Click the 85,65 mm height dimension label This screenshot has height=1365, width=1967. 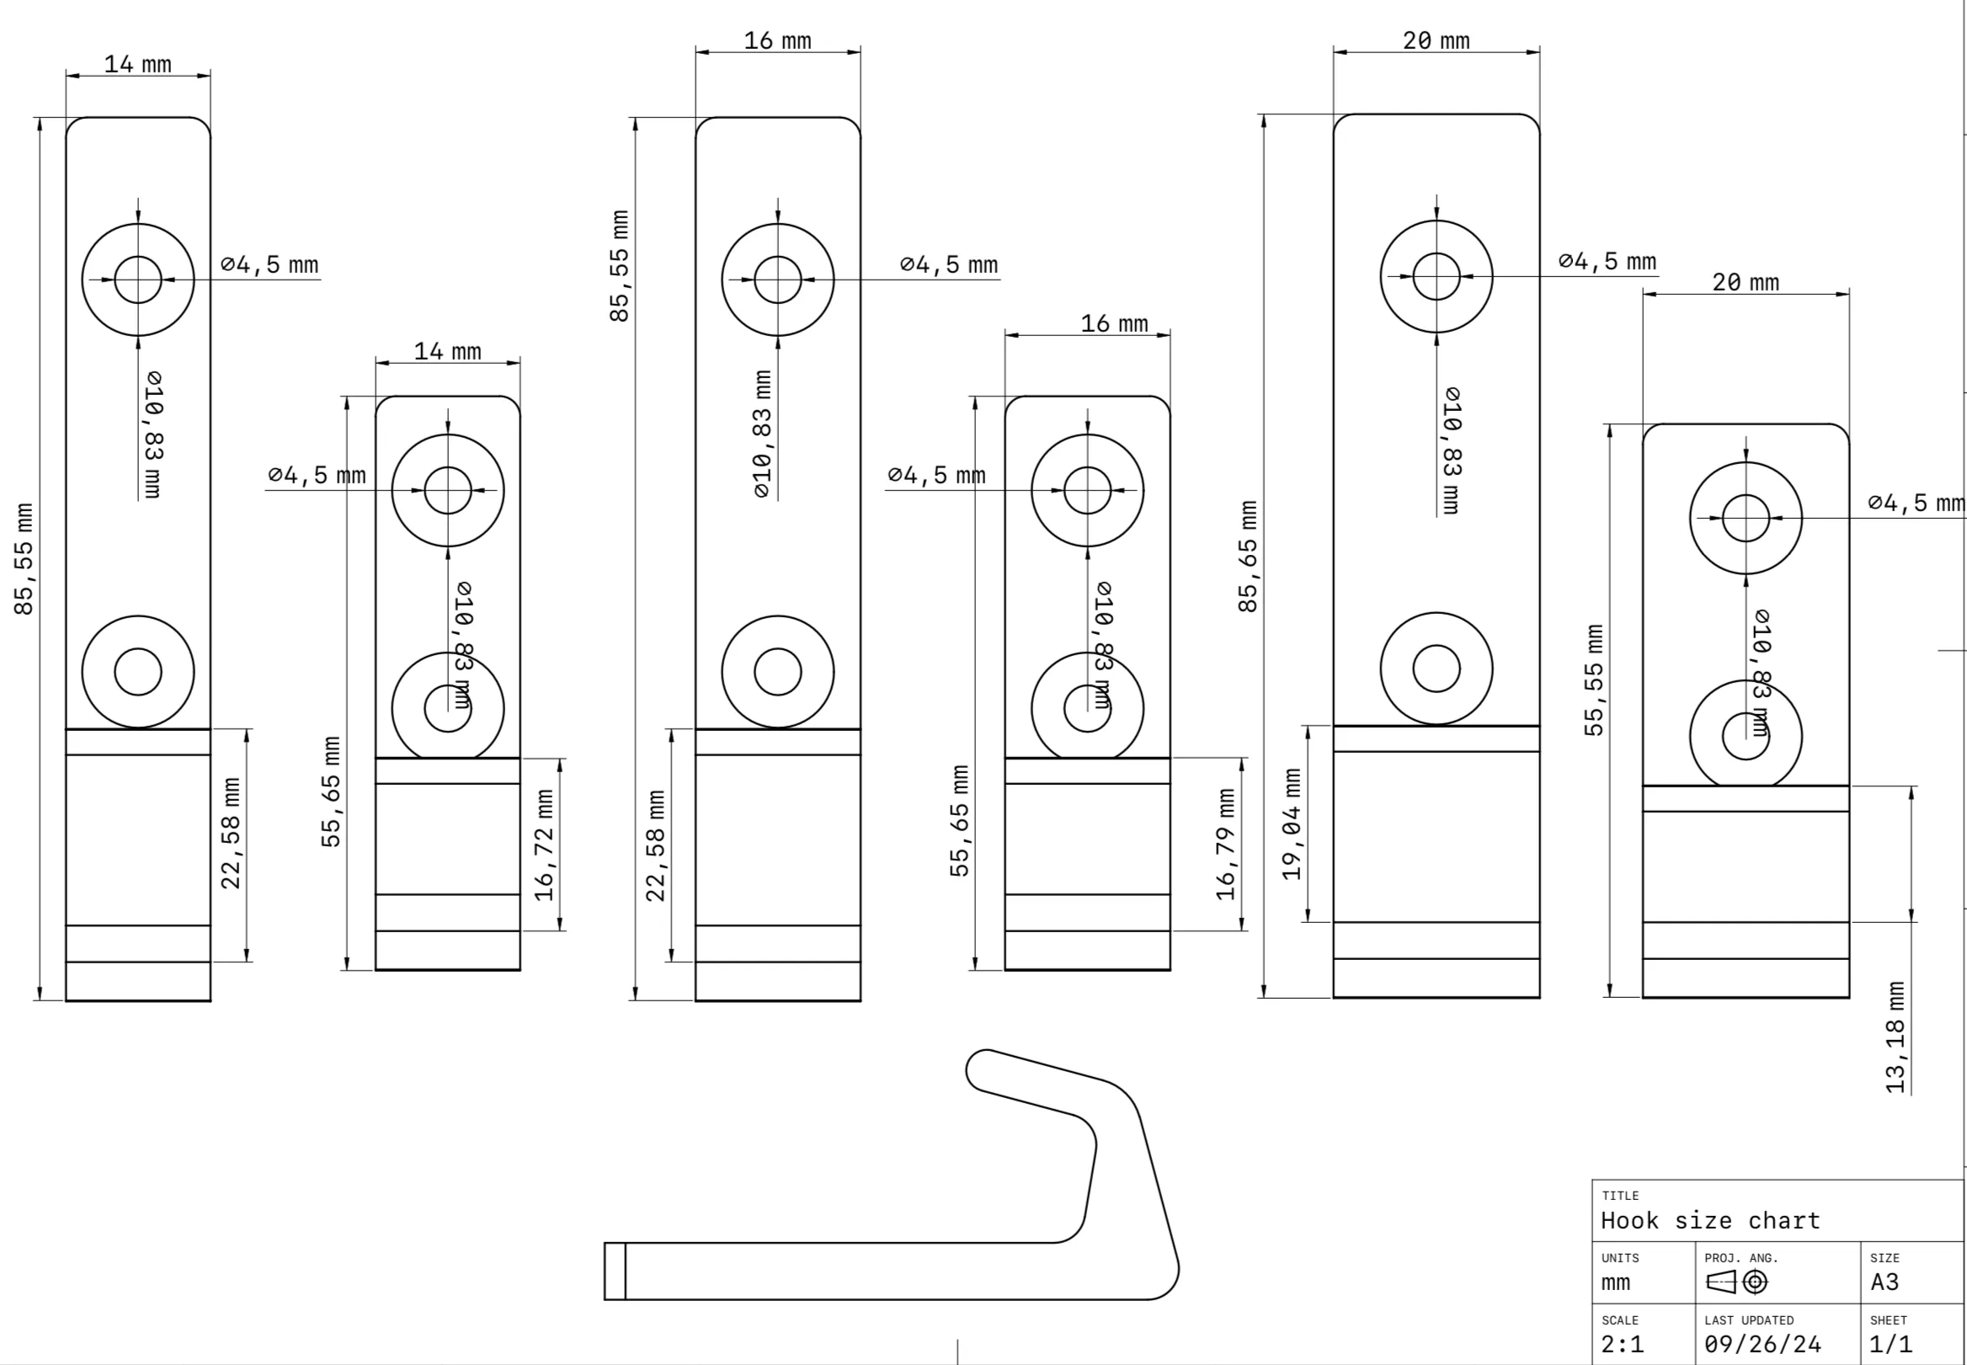1248,557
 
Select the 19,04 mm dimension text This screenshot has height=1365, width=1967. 1292,824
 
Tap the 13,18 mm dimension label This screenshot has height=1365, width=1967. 1895,1037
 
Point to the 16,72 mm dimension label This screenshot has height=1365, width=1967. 544,845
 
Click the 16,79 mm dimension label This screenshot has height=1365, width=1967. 1225,844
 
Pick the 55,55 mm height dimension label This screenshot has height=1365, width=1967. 1593,680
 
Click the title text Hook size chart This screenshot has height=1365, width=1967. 1710,1220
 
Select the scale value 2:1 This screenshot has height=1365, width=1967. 1623,1345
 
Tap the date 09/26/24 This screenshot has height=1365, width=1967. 1762,1345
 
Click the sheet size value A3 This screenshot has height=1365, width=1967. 1884,1282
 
